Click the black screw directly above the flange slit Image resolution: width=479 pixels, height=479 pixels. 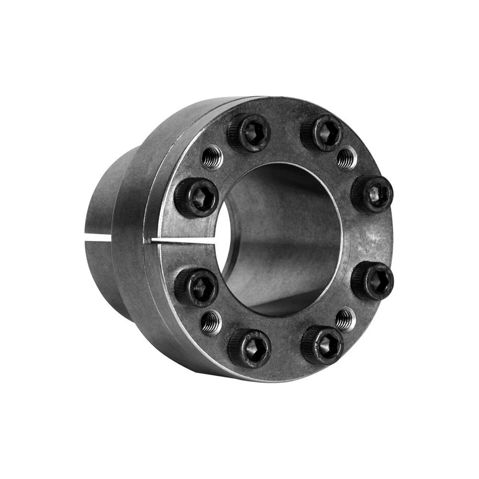click(196, 197)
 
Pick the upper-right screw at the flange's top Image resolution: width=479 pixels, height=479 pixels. click(322, 132)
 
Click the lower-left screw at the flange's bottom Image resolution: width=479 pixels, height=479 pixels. click(249, 348)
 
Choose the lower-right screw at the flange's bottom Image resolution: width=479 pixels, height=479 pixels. click(322, 344)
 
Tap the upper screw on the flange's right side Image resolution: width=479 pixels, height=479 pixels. click(372, 194)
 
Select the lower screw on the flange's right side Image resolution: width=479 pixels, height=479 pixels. click(372, 280)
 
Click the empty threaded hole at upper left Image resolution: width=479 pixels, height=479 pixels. click(212, 158)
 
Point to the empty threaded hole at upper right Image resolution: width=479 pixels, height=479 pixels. click(346, 158)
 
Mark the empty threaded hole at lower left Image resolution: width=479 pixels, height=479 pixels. click(211, 322)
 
